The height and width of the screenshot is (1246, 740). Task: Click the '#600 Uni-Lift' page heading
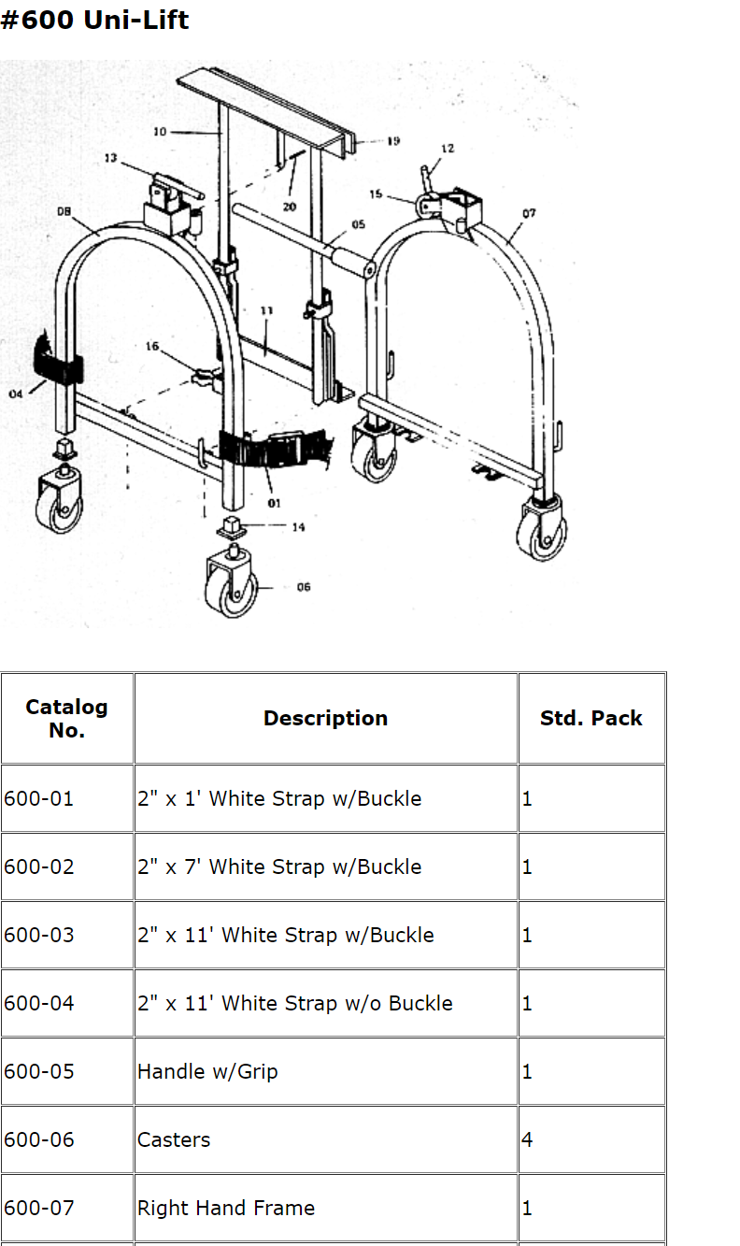[94, 20]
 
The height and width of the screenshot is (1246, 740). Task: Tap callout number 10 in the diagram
[160, 132]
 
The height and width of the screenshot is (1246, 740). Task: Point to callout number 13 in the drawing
[111, 158]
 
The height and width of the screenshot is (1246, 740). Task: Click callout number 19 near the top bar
[393, 141]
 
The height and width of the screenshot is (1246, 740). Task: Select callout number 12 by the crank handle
[448, 149]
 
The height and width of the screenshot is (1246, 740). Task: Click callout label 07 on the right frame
[529, 213]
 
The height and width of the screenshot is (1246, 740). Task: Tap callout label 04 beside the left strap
[16, 394]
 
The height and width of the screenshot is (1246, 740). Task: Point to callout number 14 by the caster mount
[298, 527]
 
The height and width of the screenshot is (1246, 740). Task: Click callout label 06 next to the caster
[304, 587]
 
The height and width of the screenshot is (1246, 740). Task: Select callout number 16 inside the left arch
[152, 347]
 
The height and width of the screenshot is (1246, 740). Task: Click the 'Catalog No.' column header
[66, 719]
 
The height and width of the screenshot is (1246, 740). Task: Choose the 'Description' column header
[325, 719]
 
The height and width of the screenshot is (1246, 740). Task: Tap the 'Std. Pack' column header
[591, 719]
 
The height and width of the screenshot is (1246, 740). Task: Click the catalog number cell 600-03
[38, 936]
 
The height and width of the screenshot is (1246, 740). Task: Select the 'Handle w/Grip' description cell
[207, 1072]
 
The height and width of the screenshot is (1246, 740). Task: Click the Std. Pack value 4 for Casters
[527, 1140]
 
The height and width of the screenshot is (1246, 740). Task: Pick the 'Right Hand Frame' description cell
[226, 1209]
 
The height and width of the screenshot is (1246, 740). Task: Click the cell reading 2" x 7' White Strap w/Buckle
[279, 867]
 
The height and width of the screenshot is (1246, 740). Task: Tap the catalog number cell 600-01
[38, 799]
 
